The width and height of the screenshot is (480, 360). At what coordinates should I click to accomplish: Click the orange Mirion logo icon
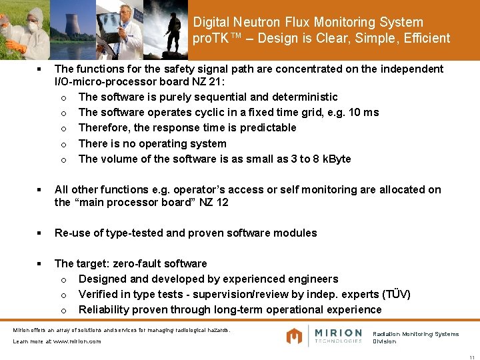click(295, 336)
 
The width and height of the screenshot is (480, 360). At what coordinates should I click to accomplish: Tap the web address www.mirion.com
click(77, 341)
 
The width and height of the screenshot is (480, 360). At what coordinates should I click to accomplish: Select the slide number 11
click(472, 355)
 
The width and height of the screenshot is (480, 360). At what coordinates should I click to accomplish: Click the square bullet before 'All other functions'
click(41, 190)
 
